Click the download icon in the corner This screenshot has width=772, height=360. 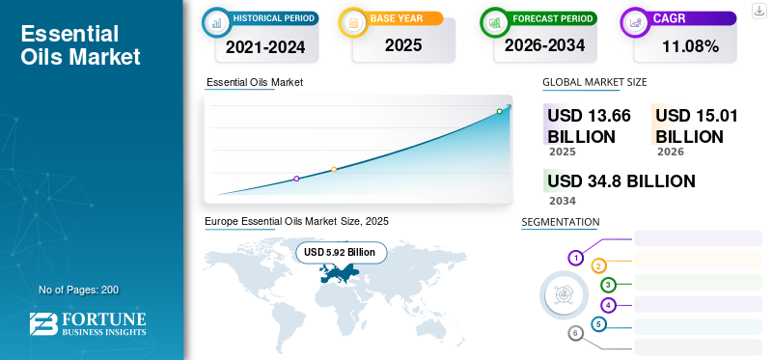758,11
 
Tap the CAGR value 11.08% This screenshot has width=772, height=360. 690,46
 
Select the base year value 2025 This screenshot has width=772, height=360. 403,45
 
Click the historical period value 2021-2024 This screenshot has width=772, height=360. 265,47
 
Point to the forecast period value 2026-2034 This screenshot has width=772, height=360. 544,45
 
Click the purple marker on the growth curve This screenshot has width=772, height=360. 296,179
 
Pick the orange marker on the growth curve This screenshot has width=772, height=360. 334,170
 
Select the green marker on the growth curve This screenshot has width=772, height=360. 499,111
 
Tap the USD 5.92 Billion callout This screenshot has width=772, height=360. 342,253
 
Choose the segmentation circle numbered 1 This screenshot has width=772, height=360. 575,258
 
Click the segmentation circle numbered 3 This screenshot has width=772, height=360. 609,285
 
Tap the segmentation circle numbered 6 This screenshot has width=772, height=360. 575,334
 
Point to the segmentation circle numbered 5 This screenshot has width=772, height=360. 598,324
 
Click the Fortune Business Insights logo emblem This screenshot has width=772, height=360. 43,323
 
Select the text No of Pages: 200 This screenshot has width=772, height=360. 79,290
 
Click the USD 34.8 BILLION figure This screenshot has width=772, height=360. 621,181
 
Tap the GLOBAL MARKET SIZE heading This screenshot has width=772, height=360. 594,82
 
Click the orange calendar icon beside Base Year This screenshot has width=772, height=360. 353,22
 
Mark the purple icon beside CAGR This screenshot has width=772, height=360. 636,22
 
